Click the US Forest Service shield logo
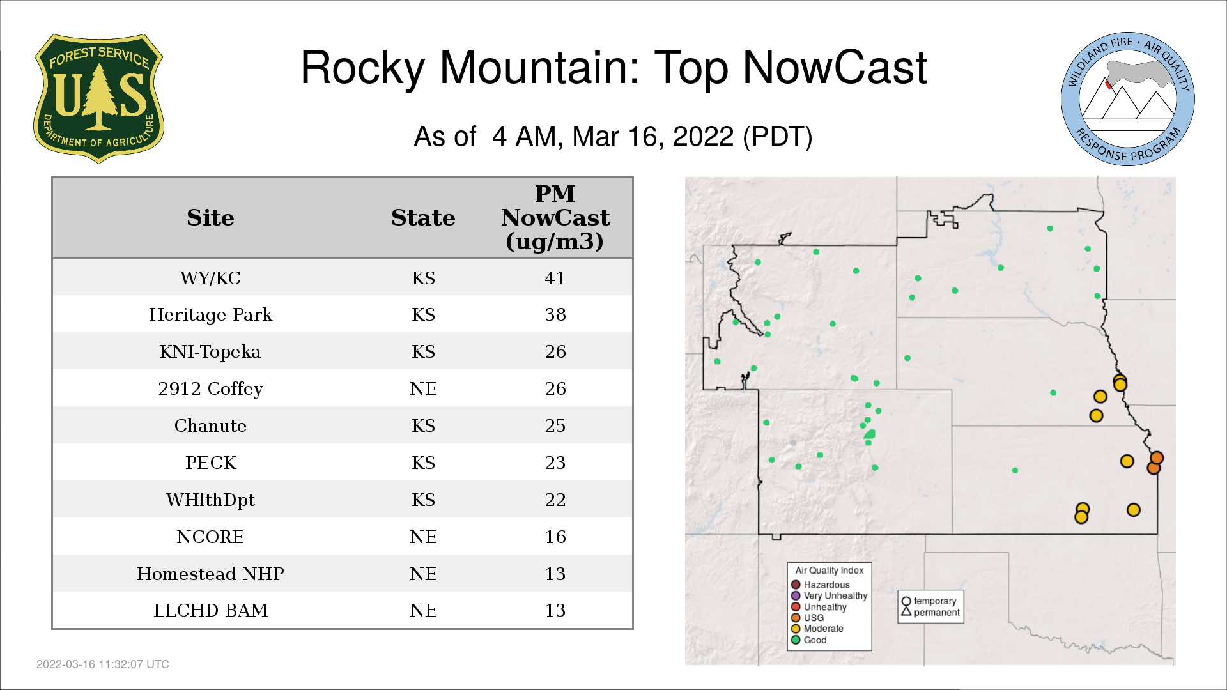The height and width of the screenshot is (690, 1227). click(x=98, y=99)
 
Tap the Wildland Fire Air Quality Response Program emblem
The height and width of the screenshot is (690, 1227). click(x=1128, y=99)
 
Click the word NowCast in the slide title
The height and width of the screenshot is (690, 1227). click(x=835, y=67)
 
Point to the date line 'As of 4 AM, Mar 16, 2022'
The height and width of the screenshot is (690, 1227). click(x=613, y=136)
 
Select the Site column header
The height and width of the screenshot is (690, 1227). click(x=210, y=218)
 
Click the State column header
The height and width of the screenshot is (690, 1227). click(x=423, y=218)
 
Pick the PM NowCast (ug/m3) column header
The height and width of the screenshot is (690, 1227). click(x=555, y=217)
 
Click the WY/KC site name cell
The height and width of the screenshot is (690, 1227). click(x=210, y=278)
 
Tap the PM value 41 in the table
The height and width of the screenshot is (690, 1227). click(x=555, y=278)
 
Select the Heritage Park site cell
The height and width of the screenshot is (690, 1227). click(x=210, y=314)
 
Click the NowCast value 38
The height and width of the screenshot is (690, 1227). click(x=555, y=314)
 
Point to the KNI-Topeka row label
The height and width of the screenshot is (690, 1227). click(x=210, y=351)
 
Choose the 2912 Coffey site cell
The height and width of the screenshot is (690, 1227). click(x=210, y=388)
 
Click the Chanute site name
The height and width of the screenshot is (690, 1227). click(x=210, y=425)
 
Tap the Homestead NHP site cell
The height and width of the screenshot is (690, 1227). click(x=210, y=574)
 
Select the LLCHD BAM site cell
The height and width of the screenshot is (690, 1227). click(x=210, y=610)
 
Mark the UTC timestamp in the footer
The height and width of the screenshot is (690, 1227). click(x=102, y=664)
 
